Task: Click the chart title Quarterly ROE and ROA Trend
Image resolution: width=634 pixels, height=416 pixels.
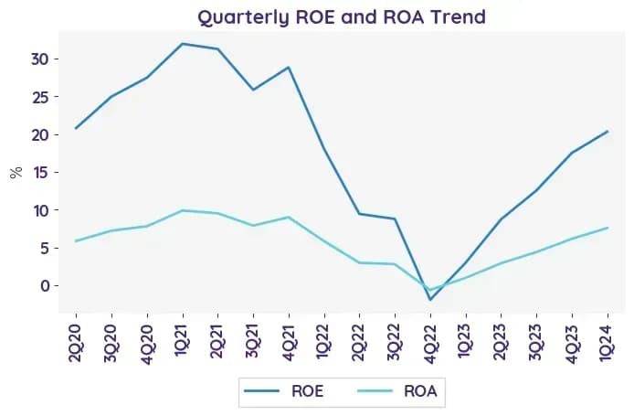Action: tap(342, 17)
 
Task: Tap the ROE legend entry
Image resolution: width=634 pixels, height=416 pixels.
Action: tap(284, 391)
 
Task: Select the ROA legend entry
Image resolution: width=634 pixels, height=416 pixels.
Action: tap(397, 391)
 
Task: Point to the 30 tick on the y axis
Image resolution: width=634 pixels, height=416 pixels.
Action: tap(39, 59)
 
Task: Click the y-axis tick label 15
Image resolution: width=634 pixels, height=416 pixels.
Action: tap(39, 173)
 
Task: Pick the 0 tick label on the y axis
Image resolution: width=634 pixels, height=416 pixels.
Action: tap(44, 285)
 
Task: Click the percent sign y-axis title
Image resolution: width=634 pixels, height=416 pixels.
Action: tap(16, 173)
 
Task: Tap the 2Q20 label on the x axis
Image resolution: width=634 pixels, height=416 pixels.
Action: tap(76, 343)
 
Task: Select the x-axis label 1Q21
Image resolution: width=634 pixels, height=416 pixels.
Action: tap(183, 341)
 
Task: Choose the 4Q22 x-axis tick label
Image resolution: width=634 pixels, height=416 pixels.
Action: tap(430, 344)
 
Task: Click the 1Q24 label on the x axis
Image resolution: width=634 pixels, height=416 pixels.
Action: tap(608, 341)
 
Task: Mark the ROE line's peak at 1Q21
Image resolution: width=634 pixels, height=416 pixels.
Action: tap(183, 44)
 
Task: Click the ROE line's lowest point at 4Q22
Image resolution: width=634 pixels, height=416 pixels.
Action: tap(430, 300)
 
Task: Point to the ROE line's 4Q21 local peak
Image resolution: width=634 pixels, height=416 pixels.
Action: tap(289, 67)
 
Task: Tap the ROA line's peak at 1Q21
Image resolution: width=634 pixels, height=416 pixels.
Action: tap(183, 210)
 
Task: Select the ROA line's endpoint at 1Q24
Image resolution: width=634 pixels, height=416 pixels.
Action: tap(608, 228)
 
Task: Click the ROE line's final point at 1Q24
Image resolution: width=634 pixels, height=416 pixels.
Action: tap(608, 131)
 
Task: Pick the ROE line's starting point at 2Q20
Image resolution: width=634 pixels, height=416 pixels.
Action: tap(76, 128)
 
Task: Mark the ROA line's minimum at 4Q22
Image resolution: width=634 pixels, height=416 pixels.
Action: tap(430, 290)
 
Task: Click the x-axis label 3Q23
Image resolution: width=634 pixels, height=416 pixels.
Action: tap(536, 343)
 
